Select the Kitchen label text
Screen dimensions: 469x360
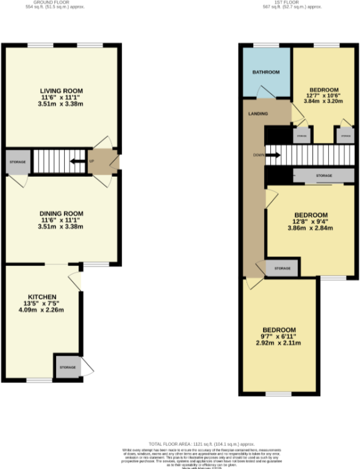43,295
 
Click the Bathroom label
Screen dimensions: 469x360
266,73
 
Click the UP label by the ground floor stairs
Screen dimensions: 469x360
92,162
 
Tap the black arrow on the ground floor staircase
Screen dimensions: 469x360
77,162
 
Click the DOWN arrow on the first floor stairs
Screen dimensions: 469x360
273,155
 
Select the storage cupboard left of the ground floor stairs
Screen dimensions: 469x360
17,162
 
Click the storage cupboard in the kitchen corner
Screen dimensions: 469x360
67,367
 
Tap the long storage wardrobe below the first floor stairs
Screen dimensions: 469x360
323,176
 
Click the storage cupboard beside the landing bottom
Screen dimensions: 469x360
281,268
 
